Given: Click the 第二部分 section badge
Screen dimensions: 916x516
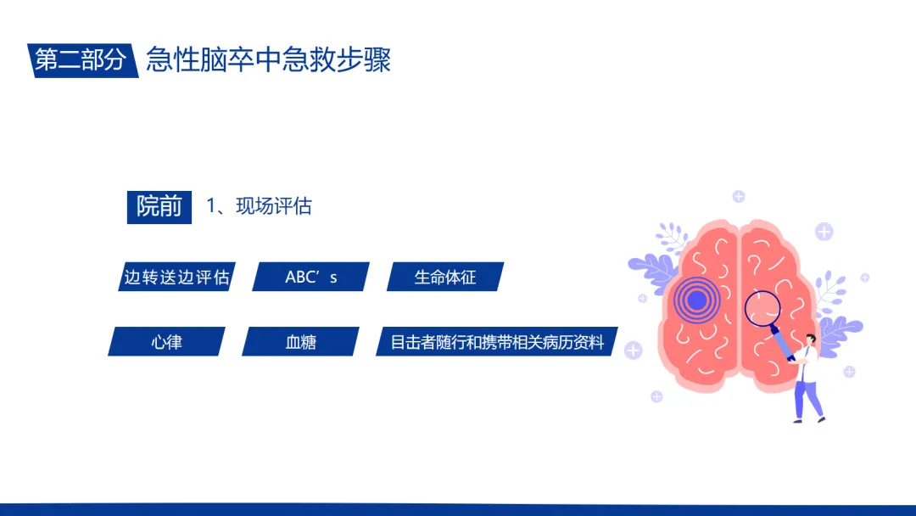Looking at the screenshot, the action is click(x=82, y=59).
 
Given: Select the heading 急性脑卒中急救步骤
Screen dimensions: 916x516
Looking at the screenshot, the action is click(x=268, y=59).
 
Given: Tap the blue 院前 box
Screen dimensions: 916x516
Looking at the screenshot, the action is click(x=159, y=207).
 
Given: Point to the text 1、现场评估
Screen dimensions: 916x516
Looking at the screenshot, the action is click(x=260, y=206).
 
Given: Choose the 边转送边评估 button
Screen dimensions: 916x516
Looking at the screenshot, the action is click(x=176, y=277).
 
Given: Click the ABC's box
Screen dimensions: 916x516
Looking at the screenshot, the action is click(x=310, y=277).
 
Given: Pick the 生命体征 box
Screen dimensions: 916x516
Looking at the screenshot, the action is click(x=445, y=277).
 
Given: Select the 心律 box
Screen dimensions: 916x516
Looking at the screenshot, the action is click(x=166, y=341).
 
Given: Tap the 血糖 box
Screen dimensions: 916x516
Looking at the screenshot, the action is click(x=300, y=341).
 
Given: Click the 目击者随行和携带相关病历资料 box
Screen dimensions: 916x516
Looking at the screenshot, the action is click(x=496, y=341).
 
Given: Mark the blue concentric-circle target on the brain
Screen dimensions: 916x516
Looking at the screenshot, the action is click(x=696, y=300).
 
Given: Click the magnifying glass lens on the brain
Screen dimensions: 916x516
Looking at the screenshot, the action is click(x=762, y=309).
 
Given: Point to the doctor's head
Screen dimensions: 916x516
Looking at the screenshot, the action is click(x=810, y=340).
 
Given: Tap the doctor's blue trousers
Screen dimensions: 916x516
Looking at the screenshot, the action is click(x=807, y=400).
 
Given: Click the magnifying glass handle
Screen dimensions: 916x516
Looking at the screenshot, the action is click(x=783, y=343).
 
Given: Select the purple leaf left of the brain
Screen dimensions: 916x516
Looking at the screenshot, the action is click(x=652, y=271).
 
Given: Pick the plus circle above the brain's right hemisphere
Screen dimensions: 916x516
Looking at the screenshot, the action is click(x=824, y=232).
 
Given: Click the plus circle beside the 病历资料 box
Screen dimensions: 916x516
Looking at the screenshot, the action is click(x=634, y=351).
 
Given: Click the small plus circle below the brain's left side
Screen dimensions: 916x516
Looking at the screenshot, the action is click(x=656, y=397).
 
